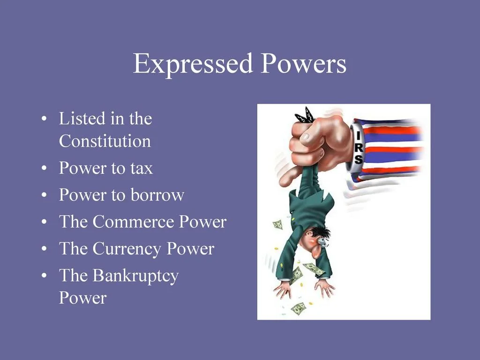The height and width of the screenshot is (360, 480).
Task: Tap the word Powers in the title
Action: (x=303, y=64)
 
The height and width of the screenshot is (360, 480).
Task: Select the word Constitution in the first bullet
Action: (x=105, y=141)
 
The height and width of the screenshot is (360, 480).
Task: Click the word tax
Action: (x=142, y=168)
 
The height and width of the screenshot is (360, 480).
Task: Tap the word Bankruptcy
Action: (x=135, y=276)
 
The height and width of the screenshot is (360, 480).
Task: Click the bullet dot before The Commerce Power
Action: (x=44, y=222)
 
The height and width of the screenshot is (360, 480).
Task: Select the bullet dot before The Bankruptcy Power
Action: (x=44, y=277)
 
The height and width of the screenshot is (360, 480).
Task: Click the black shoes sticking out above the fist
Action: (x=305, y=115)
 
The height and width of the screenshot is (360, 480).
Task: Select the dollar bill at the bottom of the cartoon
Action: (x=298, y=308)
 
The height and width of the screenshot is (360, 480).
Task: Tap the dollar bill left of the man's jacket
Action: (x=278, y=225)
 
